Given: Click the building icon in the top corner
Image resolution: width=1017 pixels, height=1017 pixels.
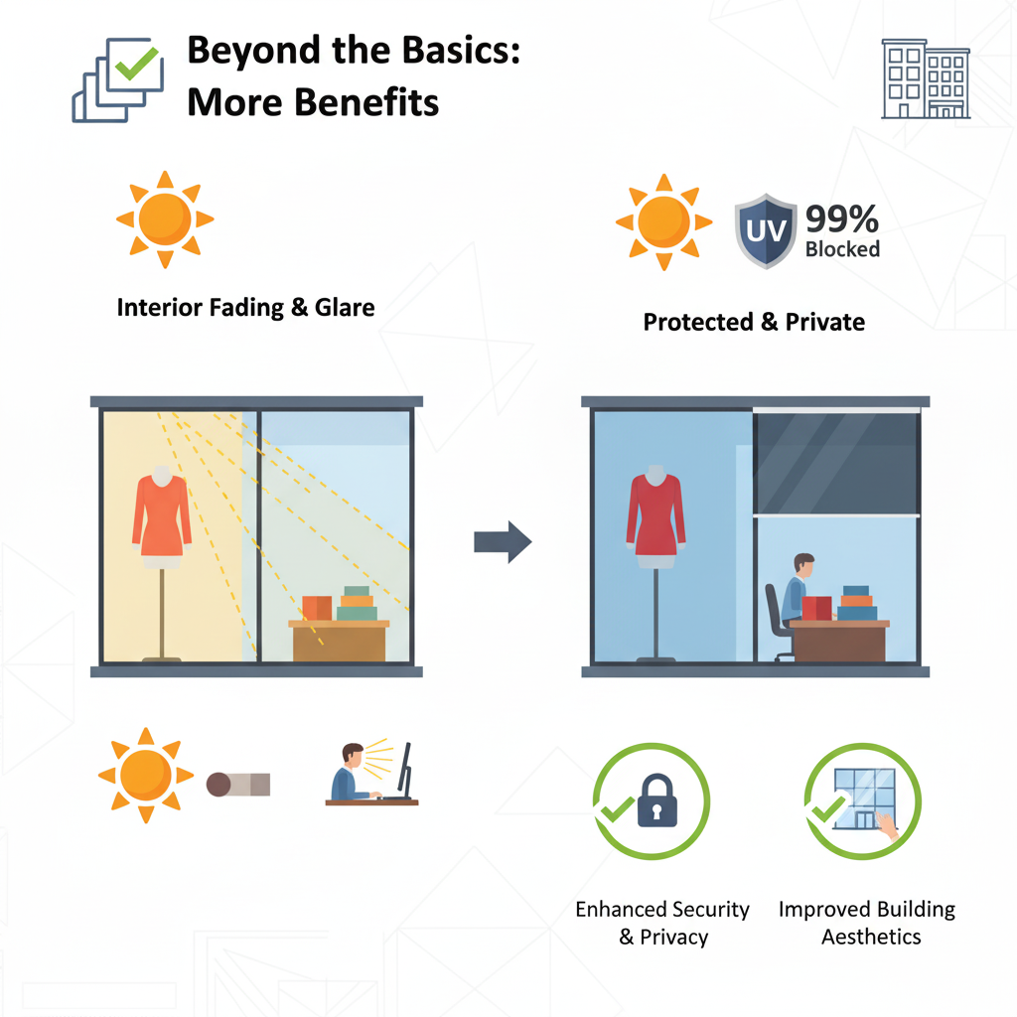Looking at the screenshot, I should click(926, 79).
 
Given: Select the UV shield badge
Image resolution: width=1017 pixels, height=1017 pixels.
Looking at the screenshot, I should click(765, 230).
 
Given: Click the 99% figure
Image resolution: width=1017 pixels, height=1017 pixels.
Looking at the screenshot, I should click(842, 218).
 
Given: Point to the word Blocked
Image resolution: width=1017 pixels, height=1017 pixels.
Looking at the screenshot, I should click(842, 249).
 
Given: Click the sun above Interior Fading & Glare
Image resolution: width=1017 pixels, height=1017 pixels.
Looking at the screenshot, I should click(165, 219).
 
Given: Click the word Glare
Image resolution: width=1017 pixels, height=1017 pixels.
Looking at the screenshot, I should click(346, 307).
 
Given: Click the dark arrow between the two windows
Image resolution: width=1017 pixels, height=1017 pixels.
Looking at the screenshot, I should click(503, 541).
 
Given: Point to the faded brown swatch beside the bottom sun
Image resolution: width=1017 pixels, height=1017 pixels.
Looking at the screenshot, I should click(238, 785).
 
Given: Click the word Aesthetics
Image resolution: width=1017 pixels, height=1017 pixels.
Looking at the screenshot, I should click(871, 937).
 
